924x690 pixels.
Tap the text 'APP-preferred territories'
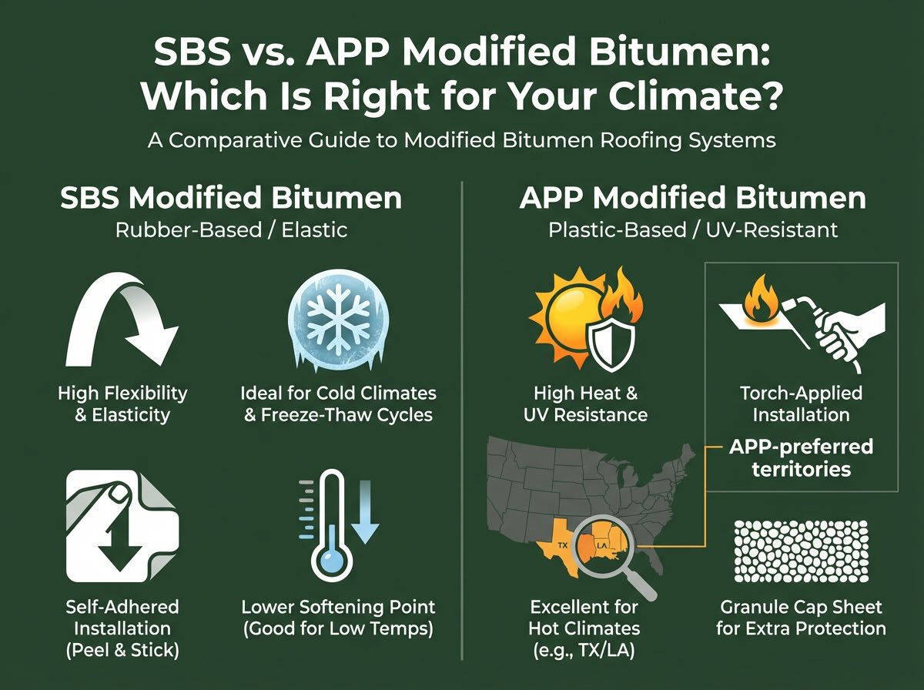tap(801, 457)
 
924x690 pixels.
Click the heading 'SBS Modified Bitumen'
tap(230, 199)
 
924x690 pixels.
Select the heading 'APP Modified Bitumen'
tap(692, 199)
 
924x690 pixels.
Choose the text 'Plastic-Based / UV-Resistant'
tap(692, 229)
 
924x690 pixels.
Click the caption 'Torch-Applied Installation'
tap(801, 404)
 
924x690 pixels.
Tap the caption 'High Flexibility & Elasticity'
tap(122, 404)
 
